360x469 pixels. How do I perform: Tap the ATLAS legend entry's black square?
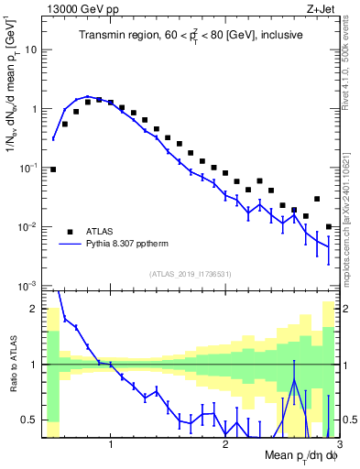point(70,231)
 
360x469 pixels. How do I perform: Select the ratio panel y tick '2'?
point(37,309)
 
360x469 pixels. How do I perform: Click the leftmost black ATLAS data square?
point(53,169)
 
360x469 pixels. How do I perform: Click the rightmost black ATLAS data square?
point(329,226)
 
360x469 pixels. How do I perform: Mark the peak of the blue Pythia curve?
point(88,96)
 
